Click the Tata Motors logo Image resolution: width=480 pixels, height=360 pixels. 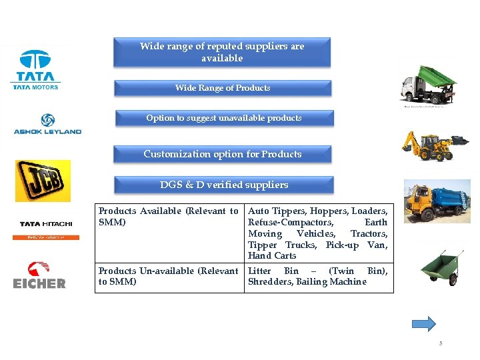tap(35, 69)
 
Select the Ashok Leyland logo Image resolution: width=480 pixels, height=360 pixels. tap(47, 124)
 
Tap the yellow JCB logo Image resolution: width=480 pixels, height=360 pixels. tap(43, 181)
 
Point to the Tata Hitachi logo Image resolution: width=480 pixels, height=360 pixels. tap(46, 227)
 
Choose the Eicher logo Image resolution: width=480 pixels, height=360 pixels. tap(39, 275)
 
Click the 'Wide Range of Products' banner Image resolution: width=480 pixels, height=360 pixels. tap(223, 88)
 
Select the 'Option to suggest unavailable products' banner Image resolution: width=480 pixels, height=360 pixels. tap(224, 118)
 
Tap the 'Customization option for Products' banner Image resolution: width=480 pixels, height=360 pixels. tap(223, 154)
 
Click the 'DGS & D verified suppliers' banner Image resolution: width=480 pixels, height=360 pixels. tap(224, 185)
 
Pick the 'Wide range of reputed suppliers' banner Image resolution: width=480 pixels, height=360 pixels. tap(222, 52)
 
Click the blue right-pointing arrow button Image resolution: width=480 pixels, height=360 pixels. tap(424, 324)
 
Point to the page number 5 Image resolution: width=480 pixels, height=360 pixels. tap(441, 343)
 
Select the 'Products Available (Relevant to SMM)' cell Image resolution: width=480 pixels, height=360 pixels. tap(169, 217)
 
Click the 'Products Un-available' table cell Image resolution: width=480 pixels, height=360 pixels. tap(169, 276)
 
